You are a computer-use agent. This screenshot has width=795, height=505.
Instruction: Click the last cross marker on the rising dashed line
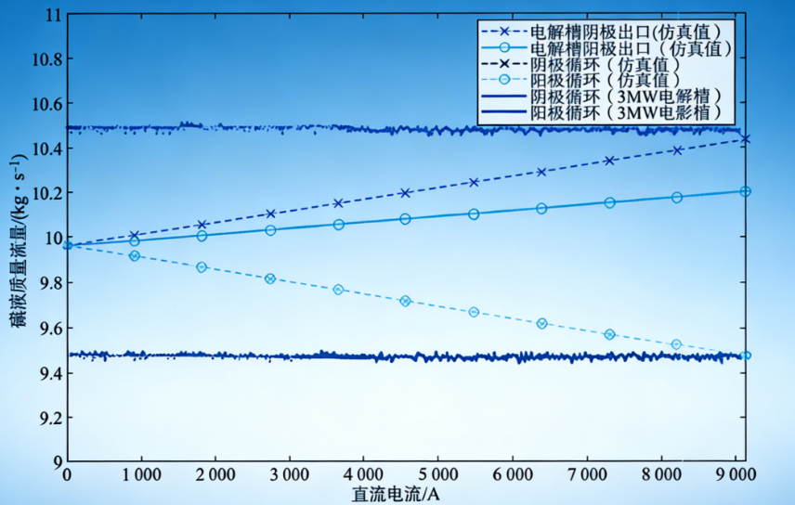[x=745, y=139]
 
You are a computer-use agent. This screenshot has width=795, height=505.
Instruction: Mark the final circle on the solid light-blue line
[x=745, y=191]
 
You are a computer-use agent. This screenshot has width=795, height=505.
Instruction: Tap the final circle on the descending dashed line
[x=745, y=356]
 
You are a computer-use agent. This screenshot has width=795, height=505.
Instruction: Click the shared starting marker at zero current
[x=67, y=245]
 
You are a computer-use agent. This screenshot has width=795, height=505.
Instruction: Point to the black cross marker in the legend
[x=503, y=65]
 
